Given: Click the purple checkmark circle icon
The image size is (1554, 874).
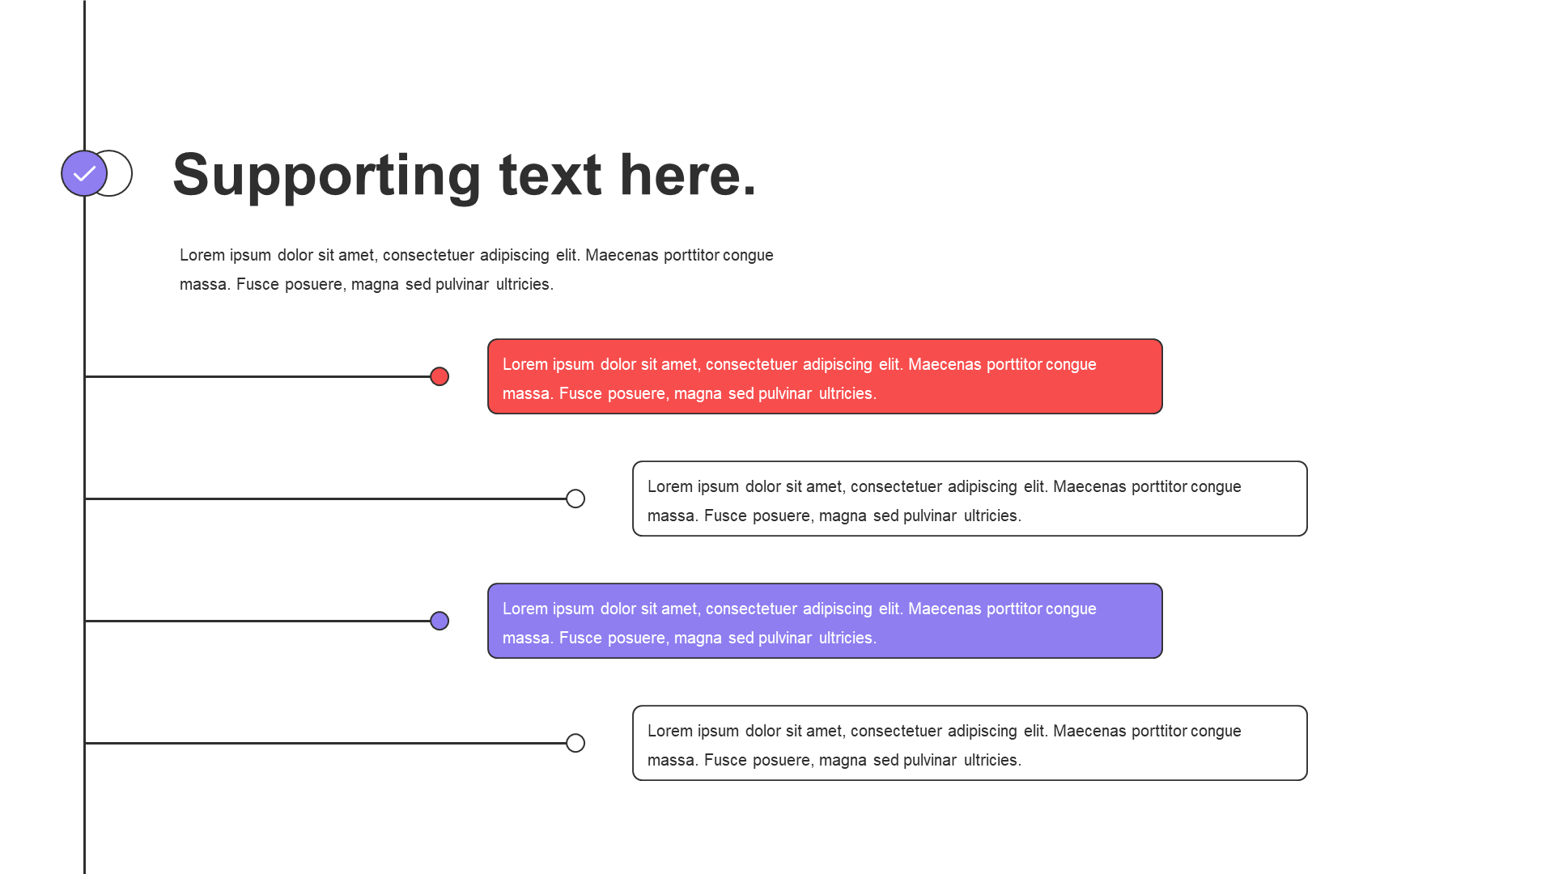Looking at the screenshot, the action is click(x=84, y=173).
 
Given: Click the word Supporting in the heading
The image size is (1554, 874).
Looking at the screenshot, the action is click(x=327, y=176).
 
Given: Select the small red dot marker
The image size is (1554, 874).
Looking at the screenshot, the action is click(x=439, y=376).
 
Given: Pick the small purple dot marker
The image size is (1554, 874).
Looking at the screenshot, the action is click(x=439, y=621).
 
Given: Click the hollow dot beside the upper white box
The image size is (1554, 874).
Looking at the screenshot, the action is click(x=575, y=499).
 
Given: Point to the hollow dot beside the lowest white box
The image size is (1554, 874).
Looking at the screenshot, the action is click(x=575, y=743).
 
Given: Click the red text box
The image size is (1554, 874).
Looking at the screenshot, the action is click(x=825, y=376).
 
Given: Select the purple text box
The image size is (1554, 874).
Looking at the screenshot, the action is click(x=825, y=621).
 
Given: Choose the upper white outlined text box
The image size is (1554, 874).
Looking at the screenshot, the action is click(x=970, y=499).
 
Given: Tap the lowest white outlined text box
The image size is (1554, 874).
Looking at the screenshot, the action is click(x=970, y=743).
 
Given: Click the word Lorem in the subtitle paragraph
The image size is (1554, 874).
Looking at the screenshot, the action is click(x=202, y=255).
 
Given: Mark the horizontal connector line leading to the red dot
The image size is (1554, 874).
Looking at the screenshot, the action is click(x=257, y=376).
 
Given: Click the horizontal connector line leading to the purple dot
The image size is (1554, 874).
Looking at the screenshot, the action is click(x=257, y=621).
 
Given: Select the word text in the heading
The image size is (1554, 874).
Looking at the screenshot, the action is click(x=550, y=175).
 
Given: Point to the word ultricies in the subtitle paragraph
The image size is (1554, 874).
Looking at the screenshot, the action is click(x=524, y=284).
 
